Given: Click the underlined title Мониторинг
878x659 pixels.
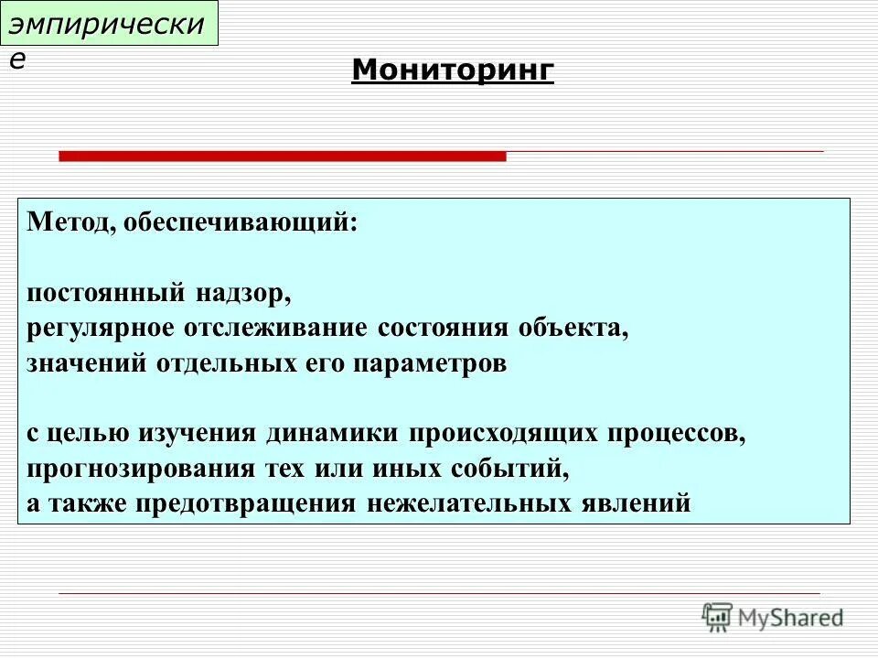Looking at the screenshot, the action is pyautogui.click(x=453, y=70).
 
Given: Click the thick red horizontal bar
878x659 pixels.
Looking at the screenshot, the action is pyautogui.click(x=282, y=157).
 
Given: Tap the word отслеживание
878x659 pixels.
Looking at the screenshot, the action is pyautogui.click(x=293, y=329).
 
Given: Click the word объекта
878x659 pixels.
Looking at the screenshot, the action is pyautogui.click(x=574, y=329).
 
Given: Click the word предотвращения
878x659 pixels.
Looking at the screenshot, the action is pyautogui.click(x=247, y=503).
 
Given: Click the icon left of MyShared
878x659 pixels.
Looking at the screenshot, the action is pyautogui.click(x=717, y=617).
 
